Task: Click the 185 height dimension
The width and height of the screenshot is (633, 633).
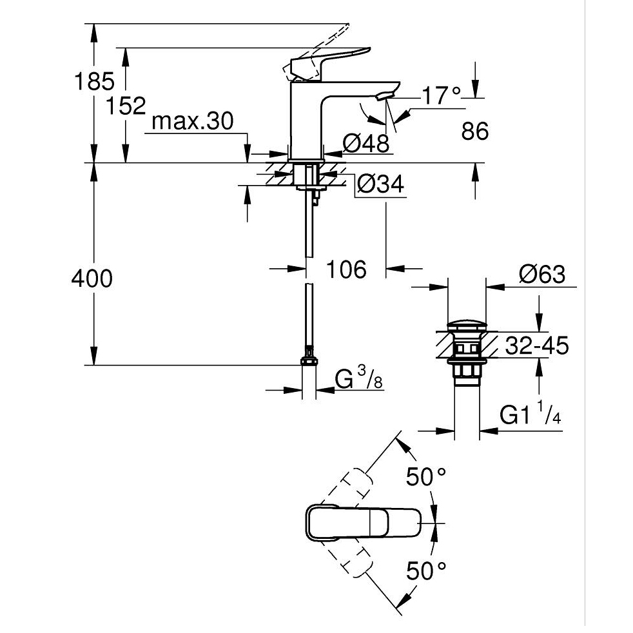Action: (x=94, y=82)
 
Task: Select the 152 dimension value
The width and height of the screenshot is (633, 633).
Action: (x=126, y=105)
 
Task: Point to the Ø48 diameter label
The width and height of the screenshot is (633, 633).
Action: (x=365, y=144)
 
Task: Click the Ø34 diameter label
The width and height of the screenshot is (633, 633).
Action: (x=380, y=185)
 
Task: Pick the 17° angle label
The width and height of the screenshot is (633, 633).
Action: (x=442, y=97)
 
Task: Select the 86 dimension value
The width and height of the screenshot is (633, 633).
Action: (x=475, y=131)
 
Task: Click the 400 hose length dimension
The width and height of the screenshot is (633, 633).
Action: (x=92, y=278)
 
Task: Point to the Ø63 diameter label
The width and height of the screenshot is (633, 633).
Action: (x=541, y=275)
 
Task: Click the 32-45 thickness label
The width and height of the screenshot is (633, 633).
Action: (x=536, y=346)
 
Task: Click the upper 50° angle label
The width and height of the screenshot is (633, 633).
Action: (x=426, y=478)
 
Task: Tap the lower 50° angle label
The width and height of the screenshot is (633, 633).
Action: (x=426, y=569)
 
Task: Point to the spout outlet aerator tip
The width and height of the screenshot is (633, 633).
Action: (x=385, y=97)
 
